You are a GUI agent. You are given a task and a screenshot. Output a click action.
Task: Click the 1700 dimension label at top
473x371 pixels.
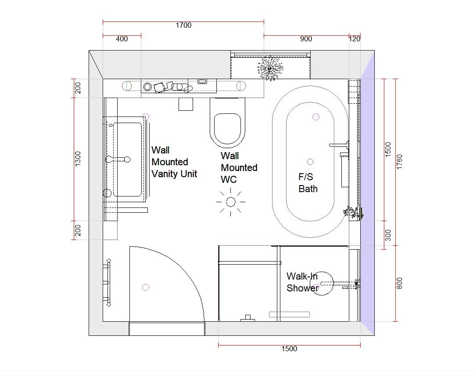183,25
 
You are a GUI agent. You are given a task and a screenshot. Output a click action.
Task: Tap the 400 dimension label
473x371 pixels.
122,39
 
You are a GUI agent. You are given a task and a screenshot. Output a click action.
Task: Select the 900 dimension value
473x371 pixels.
306,39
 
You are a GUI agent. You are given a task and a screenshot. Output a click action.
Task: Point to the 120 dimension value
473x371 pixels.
355,39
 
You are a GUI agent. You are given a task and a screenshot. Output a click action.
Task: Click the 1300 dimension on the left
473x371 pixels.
78,159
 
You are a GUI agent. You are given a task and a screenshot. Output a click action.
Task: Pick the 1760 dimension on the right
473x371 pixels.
399,162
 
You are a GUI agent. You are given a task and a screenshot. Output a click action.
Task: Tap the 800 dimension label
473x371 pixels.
399,284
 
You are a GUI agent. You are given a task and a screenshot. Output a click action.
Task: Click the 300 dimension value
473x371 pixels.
388,235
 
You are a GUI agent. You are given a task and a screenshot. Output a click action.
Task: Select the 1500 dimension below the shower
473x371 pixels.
289,349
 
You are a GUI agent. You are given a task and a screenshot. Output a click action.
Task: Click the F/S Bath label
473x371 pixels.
308,183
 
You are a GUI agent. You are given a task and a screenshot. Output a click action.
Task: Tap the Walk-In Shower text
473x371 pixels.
303,282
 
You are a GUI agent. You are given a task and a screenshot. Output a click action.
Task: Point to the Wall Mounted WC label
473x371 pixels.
239,167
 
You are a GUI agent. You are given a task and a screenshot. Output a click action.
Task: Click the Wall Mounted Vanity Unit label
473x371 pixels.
174,162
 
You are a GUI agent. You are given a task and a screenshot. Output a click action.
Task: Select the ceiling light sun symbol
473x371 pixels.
231,201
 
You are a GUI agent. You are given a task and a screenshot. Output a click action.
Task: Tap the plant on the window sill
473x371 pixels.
270,69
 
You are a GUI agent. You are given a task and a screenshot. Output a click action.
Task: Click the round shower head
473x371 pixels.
322,284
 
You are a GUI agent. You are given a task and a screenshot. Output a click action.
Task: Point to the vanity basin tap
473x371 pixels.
118,159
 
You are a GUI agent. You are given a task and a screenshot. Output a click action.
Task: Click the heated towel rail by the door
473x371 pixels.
107,283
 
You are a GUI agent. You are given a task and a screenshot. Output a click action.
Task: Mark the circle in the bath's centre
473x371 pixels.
310,162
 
